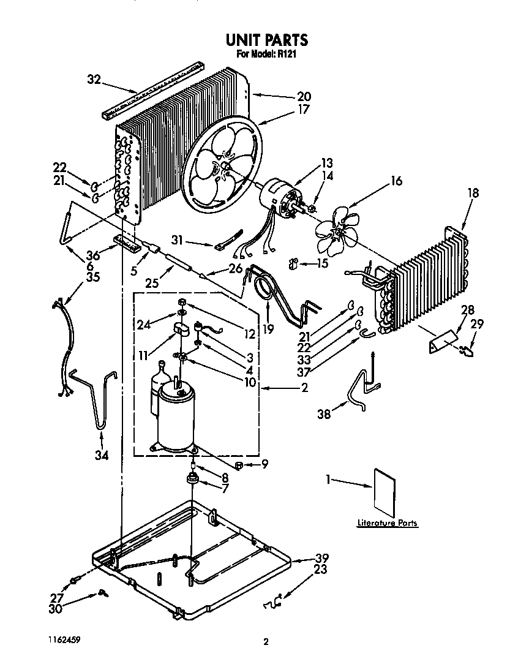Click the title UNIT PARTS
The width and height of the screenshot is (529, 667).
coord(266,40)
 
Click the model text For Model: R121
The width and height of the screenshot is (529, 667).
coord(266,55)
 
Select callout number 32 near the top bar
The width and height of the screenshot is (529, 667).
coord(93,79)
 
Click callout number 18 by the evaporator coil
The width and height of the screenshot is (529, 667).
coord(474,193)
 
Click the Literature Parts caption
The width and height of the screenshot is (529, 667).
coord(388,523)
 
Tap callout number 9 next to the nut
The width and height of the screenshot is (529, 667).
coord(264,464)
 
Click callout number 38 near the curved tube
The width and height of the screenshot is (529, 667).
coord(323,415)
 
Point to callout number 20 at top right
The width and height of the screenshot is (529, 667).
coord(304,96)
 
